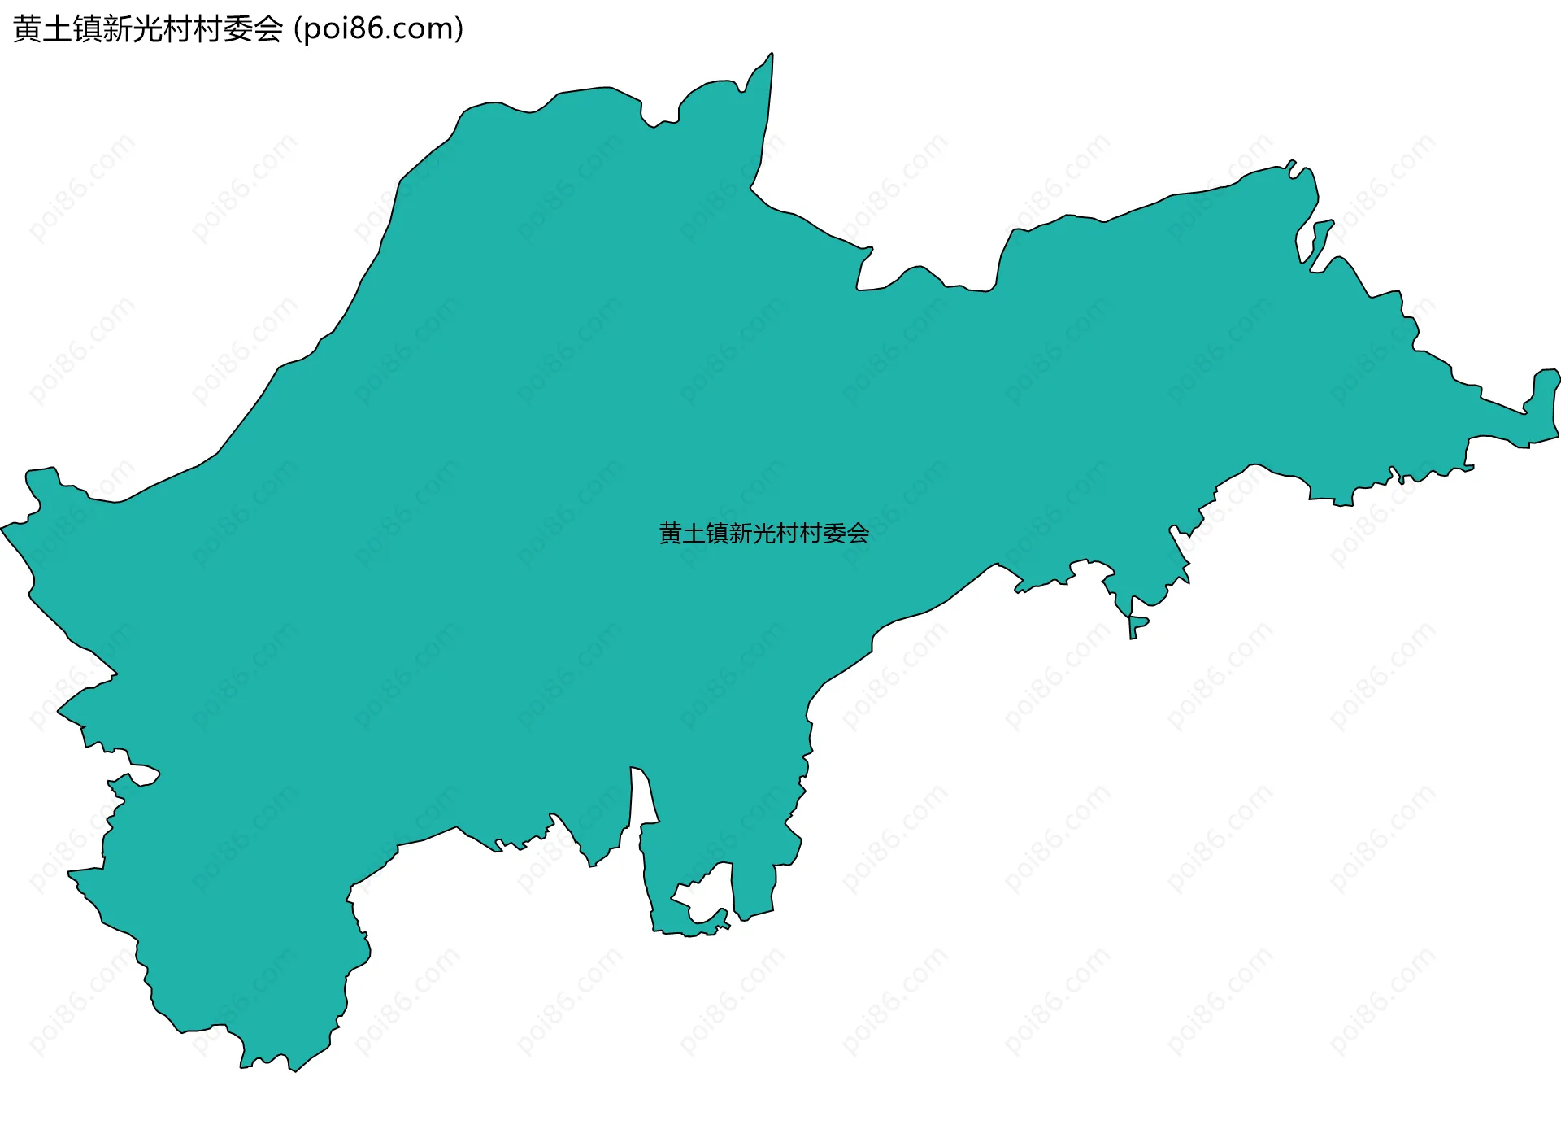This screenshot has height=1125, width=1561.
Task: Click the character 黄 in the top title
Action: [x=28, y=29]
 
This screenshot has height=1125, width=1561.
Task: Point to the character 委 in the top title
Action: [x=237, y=29]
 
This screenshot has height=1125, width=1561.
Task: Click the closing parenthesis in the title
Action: [x=459, y=29]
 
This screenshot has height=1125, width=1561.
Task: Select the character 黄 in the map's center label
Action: [x=671, y=534]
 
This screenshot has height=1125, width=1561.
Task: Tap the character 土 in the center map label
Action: [x=694, y=534]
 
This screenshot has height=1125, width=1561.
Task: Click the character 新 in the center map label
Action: [x=741, y=534]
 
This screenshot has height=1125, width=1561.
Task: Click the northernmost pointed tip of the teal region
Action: [x=771, y=56]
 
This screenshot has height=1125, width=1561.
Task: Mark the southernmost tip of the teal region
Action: [x=294, y=1069]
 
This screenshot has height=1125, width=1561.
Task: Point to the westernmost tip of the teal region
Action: [x=4, y=528]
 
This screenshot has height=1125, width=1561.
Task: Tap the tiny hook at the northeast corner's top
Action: [x=1291, y=164]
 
